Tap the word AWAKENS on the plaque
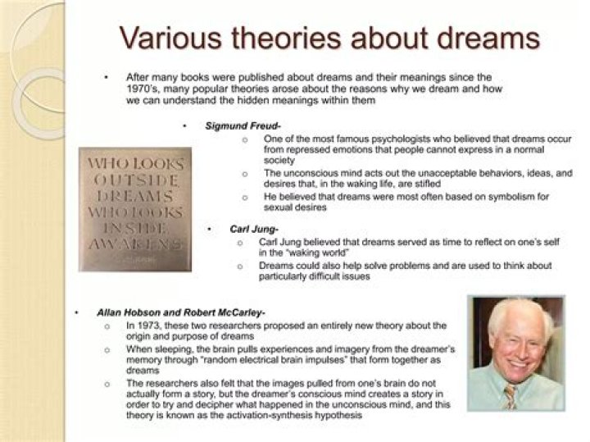(134, 244)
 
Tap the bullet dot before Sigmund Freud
(185, 125)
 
